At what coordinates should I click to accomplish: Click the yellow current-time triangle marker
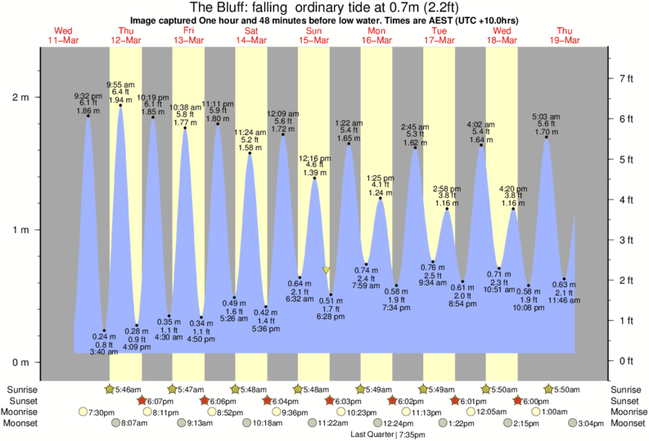pos(327,270)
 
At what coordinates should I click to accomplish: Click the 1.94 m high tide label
pos(120,100)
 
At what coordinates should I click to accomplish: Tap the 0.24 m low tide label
pos(104,336)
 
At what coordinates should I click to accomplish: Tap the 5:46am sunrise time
pos(130,389)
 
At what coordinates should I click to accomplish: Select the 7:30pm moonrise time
pos(101,412)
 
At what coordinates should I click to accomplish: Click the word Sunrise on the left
pos(21,389)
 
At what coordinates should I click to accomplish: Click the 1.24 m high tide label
pos(380,192)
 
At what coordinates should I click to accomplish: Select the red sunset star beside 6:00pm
pos(518,401)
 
